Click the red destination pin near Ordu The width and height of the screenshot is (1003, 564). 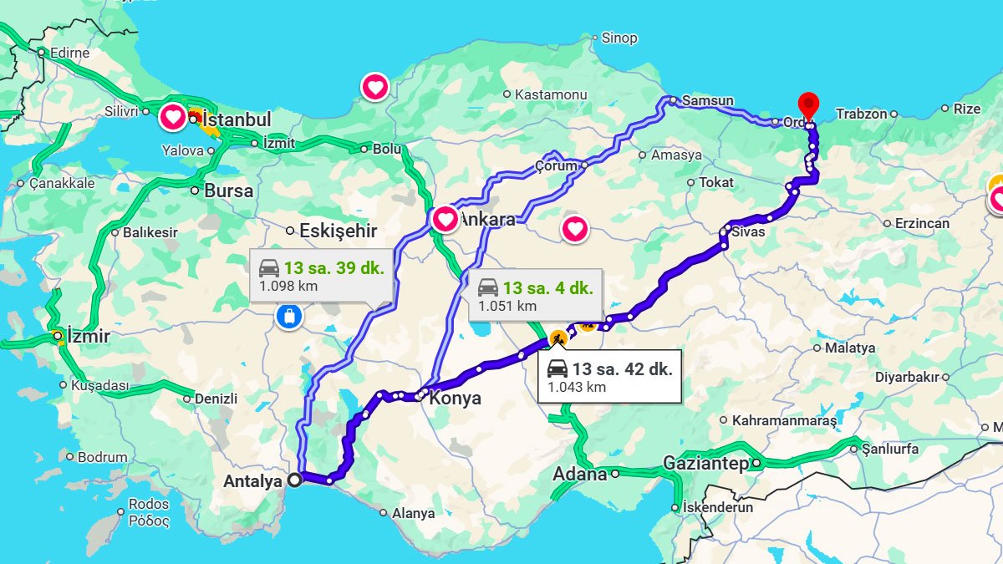(x=808, y=106)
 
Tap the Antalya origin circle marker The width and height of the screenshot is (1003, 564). (x=294, y=480)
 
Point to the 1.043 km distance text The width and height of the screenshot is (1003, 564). (x=577, y=388)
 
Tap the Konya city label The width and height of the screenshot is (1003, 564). (x=455, y=399)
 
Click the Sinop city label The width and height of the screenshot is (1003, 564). (x=619, y=38)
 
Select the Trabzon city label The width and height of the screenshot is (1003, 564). (x=861, y=114)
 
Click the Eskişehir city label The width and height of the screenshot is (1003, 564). (x=338, y=231)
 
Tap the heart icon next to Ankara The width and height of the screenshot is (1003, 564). (x=445, y=220)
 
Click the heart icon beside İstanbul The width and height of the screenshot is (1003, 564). (x=173, y=117)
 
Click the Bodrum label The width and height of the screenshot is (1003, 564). (x=102, y=457)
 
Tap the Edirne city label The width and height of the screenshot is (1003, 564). (x=69, y=53)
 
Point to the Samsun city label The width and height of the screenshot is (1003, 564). (x=707, y=101)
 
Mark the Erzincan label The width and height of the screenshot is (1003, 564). (x=922, y=223)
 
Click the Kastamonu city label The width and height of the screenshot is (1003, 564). (x=547, y=94)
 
